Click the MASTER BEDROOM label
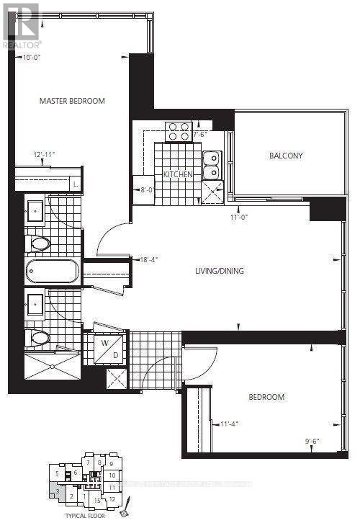(x=72, y=101)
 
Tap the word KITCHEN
(x=177, y=174)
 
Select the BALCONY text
(x=286, y=156)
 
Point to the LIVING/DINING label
(x=220, y=271)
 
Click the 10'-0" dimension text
(x=33, y=57)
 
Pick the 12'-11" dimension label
(x=43, y=154)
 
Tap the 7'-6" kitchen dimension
(x=200, y=133)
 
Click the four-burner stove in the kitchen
(x=178, y=130)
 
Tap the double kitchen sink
(x=211, y=165)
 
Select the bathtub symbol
(x=54, y=272)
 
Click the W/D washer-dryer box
(x=106, y=347)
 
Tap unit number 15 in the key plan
(x=98, y=499)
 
